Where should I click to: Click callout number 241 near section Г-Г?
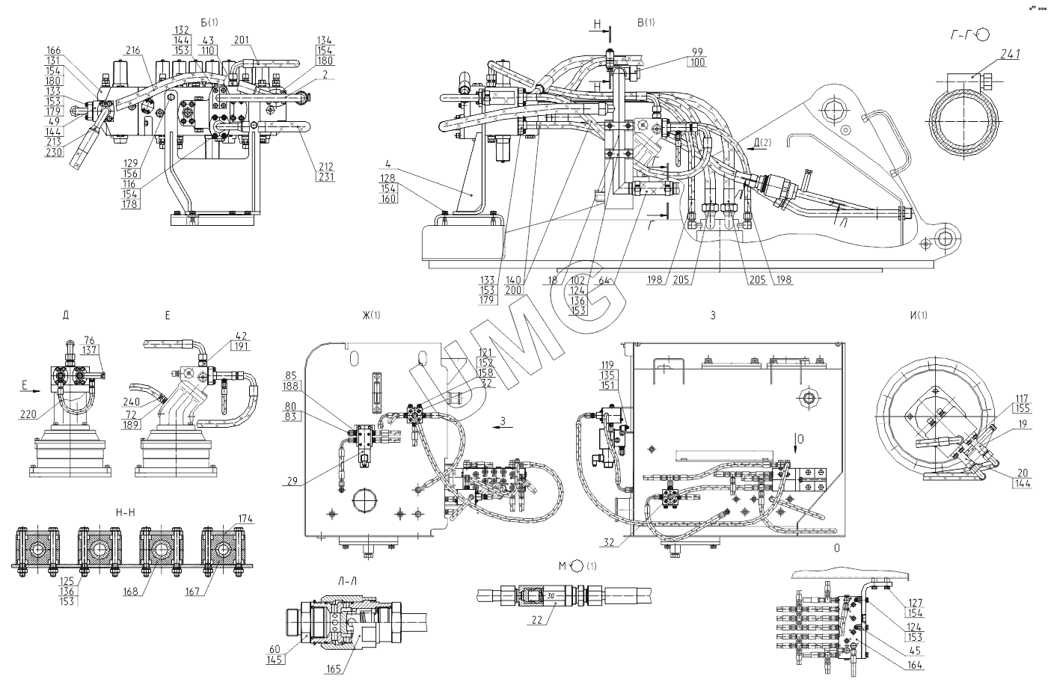tap(1010, 55)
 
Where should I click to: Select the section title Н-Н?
tap(125, 513)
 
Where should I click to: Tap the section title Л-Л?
tap(347, 581)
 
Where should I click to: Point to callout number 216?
tap(133, 51)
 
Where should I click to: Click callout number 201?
tap(242, 40)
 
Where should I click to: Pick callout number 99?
tap(698, 52)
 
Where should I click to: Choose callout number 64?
tap(604, 280)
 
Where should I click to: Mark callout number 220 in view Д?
tap(28, 414)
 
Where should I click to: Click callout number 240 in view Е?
tap(132, 402)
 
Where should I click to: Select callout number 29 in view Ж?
tap(292, 481)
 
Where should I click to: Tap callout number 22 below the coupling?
tap(537, 620)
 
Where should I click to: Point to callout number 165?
tap(334, 669)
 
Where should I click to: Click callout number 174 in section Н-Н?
tap(245, 519)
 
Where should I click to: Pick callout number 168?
tap(130, 592)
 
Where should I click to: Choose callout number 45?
tap(915, 651)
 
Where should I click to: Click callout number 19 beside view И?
tap(1023, 424)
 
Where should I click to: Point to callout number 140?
tap(513, 280)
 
